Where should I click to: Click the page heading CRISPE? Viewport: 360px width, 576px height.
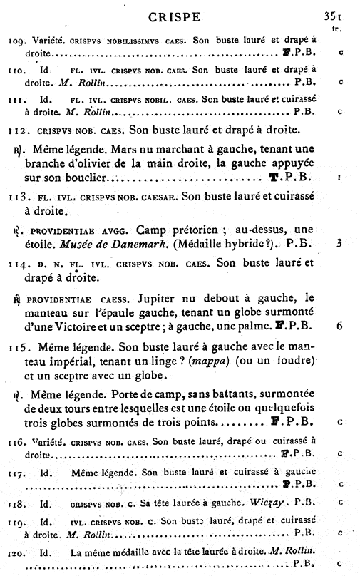point(181,15)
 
